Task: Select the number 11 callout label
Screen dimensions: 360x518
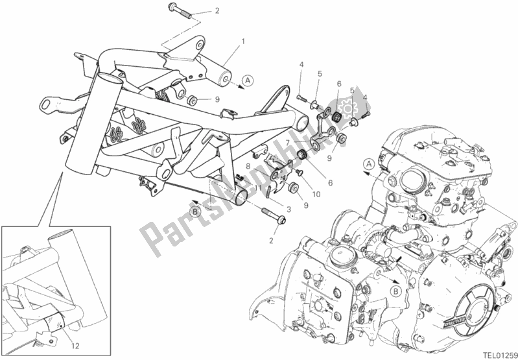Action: point(257,188)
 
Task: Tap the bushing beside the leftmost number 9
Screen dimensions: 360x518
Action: point(191,101)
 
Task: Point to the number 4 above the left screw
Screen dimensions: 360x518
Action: point(301,64)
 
